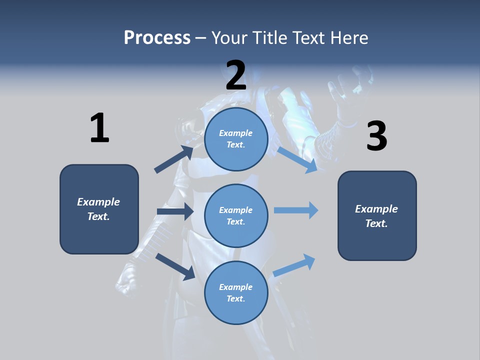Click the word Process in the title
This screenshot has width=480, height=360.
pyautogui.click(x=157, y=38)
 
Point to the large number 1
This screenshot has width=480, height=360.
pyautogui.click(x=99, y=128)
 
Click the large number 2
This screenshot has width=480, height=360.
pyautogui.click(x=236, y=75)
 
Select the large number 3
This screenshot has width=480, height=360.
pyautogui.click(x=376, y=136)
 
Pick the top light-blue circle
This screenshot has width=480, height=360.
pyautogui.click(x=236, y=139)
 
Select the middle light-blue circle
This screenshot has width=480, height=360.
pyautogui.click(x=236, y=215)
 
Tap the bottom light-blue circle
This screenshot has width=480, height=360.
pyautogui.click(x=236, y=292)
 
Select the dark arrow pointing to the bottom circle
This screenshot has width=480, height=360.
pyautogui.click(x=175, y=266)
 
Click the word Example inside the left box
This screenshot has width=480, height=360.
pyautogui.click(x=98, y=202)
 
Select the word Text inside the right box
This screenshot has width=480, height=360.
pyautogui.click(x=376, y=223)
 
